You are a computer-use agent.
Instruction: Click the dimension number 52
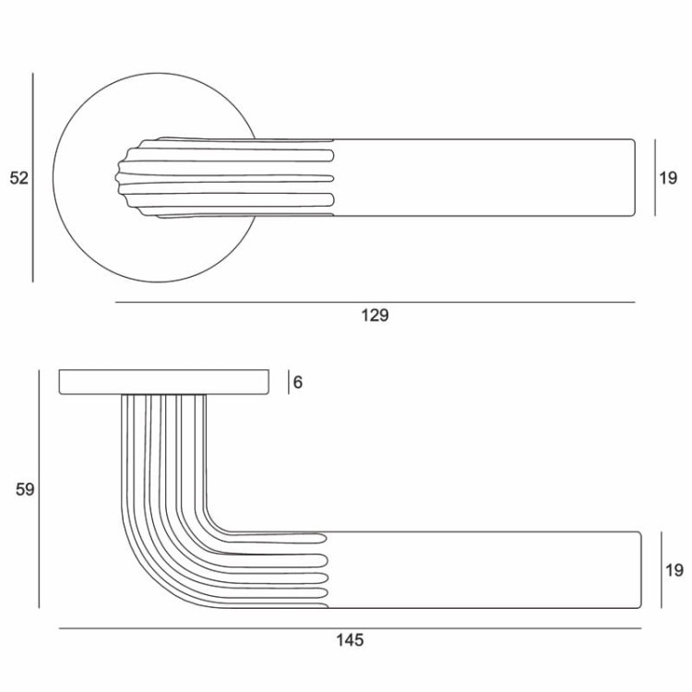19,178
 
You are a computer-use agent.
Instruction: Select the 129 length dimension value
375,316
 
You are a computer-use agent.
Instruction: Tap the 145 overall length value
350,639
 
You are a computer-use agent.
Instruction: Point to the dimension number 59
25,489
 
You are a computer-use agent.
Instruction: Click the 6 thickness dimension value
298,382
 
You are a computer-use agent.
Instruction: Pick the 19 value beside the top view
669,178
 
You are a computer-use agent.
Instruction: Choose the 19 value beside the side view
674,570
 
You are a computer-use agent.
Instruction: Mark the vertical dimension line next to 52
33,178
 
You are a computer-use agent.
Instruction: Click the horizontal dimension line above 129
375,302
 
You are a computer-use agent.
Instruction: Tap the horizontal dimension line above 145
350,628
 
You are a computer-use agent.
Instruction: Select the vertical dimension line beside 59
39,489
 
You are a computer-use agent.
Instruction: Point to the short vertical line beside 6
284,382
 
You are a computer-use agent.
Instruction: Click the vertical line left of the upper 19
655,178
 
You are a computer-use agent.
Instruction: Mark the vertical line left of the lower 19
661,570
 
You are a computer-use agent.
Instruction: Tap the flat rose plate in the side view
164,382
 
